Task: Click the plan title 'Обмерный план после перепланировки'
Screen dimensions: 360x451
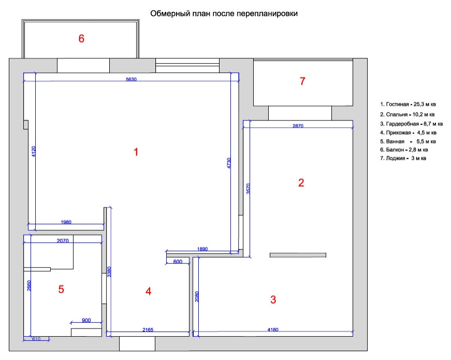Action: click(x=224, y=14)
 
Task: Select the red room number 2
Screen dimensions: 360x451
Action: click(x=301, y=183)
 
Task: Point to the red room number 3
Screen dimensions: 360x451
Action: click(x=273, y=299)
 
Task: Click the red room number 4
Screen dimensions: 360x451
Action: click(x=148, y=291)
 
